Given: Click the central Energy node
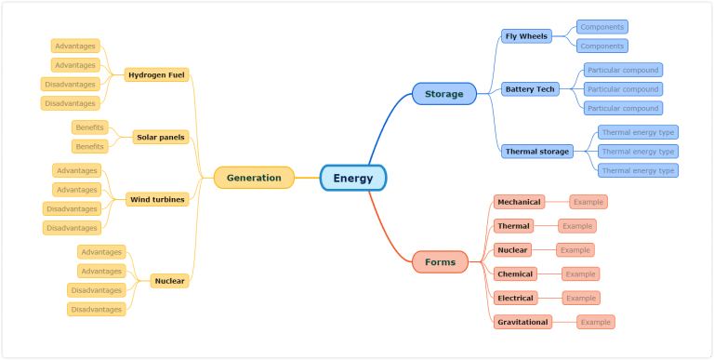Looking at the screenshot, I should (x=352, y=178).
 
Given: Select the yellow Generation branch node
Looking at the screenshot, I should (x=254, y=178).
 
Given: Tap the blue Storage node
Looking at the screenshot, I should (x=443, y=94).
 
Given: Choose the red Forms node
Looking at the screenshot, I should (x=440, y=262).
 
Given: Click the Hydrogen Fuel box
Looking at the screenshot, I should (x=157, y=74).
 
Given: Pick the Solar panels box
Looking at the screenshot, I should (x=161, y=137).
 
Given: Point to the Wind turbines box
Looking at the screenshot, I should (x=157, y=199).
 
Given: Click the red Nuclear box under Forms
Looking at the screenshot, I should (x=512, y=250).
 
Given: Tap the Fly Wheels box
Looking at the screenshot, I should (x=526, y=36).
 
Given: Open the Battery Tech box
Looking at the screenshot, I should (x=529, y=89).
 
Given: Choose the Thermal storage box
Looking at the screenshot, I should (x=536, y=151).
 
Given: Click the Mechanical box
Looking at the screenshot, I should (x=519, y=202).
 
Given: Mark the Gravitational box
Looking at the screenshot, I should (x=522, y=322).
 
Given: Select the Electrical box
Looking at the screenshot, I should (x=515, y=298).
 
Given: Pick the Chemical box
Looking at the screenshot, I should (x=515, y=274).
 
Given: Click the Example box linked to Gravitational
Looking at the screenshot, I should (x=596, y=322).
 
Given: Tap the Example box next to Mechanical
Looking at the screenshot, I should (x=588, y=202).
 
